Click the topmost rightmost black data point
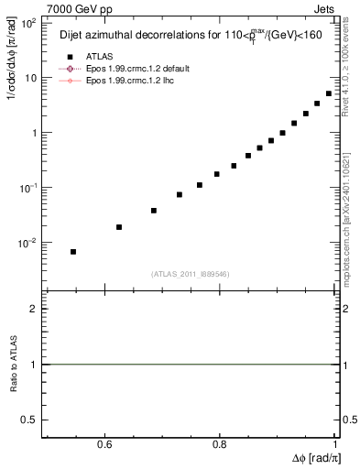329,93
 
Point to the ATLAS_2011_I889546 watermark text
191,273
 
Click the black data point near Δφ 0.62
119,226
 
